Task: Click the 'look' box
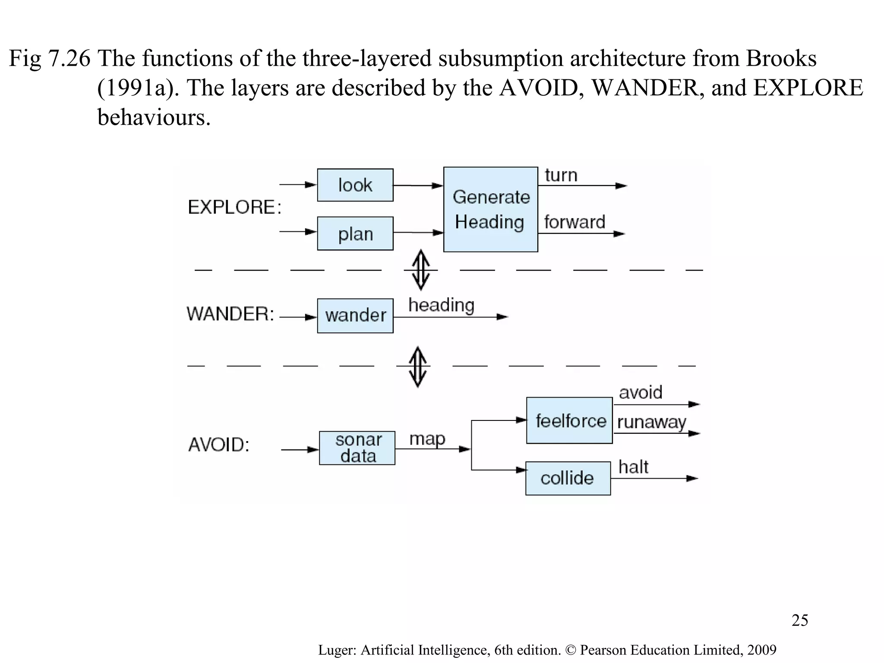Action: pyautogui.click(x=355, y=185)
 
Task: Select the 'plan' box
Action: pyautogui.click(x=355, y=234)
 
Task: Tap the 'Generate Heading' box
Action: pyautogui.click(x=490, y=209)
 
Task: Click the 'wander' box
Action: pyautogui.click(x=355, y=316)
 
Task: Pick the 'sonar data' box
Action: pyautogui.click(x=357, y=448)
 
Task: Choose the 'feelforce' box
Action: pyautogui.click(x=569, y=420)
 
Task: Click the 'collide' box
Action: pyautogui.click(x=568, y=478)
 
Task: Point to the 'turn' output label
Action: pyautogui.click(x=561, y=176)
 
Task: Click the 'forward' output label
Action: pyautogui.click(x=574, y=222)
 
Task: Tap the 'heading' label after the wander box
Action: pyautogui.click(x=441, y=305)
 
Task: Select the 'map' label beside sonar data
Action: pyautogui.click(x=427, y=439)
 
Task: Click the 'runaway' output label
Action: pyautogui.click(x=651, y=422)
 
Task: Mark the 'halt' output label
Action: pyautogui.click(x=633, y=467)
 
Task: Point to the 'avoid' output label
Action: pyautogui.click(x=640, y=392)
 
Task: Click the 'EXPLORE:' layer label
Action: pyautogui.click(x=234, y=207)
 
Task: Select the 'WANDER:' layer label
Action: pyautogui.click(x=230, y=314)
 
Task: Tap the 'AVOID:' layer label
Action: pyautogui.click(x=219, y=445)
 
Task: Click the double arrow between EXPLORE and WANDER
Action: pyautogui.click(x=420, y=270)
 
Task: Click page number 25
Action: pyautogui.click(x=799, y=620)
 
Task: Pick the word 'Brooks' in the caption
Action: pyautogui.click(x=781, y=58)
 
